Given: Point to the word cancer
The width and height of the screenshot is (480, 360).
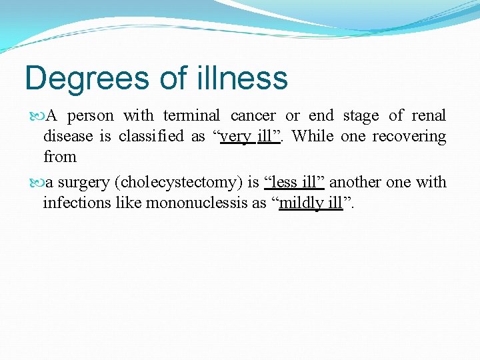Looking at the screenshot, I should [253, 116].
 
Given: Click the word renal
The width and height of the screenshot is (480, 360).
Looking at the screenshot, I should [429, 116].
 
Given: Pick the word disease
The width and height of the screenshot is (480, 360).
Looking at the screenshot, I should [69, 137].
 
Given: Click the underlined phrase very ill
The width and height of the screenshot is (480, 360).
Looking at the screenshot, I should [246, 137].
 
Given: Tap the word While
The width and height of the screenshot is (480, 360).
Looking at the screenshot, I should [313, 137].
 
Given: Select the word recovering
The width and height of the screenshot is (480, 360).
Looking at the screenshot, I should [409, 137].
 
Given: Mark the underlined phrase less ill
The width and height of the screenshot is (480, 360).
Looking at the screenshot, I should [293, 183].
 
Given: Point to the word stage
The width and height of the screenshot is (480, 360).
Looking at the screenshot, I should [361, 117].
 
